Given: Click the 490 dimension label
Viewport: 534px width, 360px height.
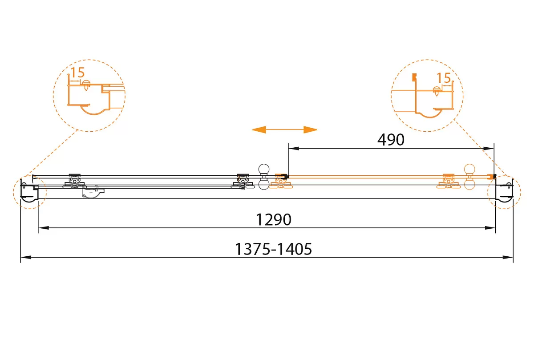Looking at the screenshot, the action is coord(391,140).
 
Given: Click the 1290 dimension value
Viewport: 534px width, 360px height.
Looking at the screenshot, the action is coord(273,219).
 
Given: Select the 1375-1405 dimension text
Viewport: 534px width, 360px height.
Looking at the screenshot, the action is coord(273,249).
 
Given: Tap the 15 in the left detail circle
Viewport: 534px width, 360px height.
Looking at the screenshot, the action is coord(78,73).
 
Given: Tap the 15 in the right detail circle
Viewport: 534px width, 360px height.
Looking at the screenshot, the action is coord(444,78).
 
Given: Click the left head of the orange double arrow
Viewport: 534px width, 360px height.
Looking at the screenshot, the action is coord(259,129).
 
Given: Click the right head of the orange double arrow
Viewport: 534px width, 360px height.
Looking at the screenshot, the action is coord(311,129).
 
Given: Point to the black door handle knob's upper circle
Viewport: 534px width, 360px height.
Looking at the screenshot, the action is coord(264,169).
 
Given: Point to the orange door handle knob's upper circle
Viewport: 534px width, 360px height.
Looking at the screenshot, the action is coord(469,169).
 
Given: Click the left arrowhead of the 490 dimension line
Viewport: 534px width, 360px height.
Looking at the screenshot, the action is coord(293,149).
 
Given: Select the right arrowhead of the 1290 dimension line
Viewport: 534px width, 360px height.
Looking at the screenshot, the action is coord(490,228).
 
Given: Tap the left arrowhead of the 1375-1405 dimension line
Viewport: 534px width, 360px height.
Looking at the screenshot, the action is coord(26,258).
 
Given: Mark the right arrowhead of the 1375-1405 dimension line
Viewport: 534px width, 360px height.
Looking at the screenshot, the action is coord(508,258).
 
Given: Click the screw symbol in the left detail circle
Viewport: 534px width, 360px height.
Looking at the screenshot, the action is coord(86,85).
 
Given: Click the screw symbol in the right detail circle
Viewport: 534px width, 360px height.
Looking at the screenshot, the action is coord(437,91).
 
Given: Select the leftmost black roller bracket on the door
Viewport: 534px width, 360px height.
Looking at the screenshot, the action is coord(74,182).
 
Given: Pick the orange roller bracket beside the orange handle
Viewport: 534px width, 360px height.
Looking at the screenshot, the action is coord(448,181).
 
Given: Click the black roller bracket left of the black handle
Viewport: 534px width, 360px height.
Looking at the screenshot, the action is coord(243,182).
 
